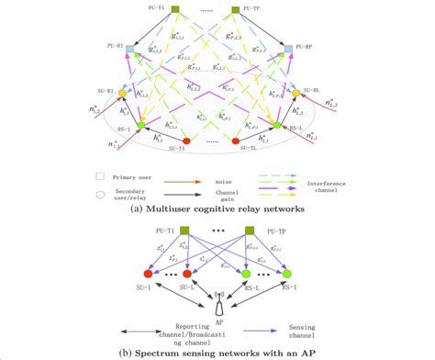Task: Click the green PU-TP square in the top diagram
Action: pos(236,11)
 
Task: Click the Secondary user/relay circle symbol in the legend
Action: pos(99,193)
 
